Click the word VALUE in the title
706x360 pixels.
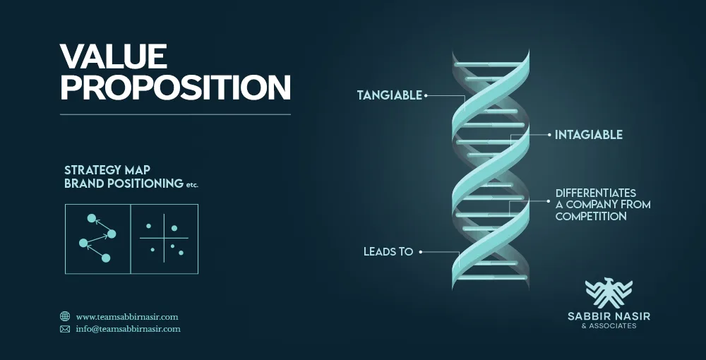[x=114, y=56]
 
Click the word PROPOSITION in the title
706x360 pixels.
[x=175, y=88]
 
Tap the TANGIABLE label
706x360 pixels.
[x=389, y=95]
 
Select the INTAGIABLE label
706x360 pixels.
[x=589, y=134]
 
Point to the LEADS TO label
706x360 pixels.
[x=388, y=251]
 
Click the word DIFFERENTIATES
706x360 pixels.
[x=595, y=193]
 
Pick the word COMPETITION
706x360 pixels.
[x=591, y=217]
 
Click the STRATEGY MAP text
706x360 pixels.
[x=107, y=170]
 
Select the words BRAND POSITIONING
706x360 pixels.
[x=124, y=184]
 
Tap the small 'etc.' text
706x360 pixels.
[x=193, y=185]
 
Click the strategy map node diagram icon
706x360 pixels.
[x=97, y=239]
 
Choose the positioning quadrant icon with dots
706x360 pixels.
[x=164, y=239]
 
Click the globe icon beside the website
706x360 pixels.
[x=65, y=317]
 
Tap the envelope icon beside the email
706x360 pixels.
[x=65, y=329]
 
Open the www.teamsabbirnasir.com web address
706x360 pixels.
[x=127, y=317]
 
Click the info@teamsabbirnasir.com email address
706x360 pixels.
[x=128, y=329]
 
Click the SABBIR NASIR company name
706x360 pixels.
[x=609, y=317]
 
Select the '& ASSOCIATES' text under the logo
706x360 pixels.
[x=609, y=326]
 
